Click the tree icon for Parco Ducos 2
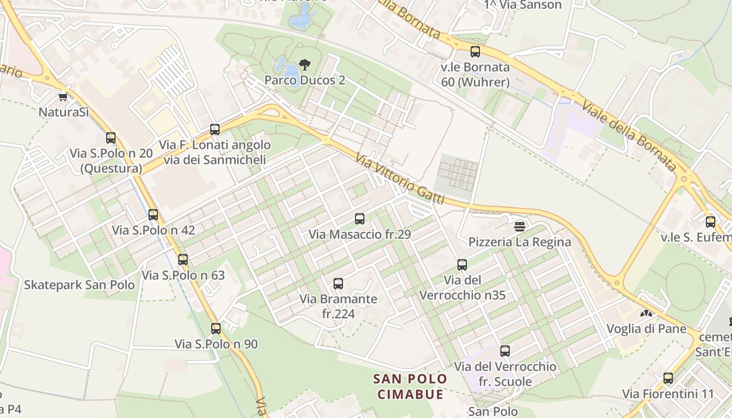pos(304,65)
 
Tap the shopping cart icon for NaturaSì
pos(63,97)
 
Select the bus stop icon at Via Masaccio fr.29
pos(360,219)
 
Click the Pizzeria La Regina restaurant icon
pos(520,226)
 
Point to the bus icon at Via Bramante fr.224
pos(338,284)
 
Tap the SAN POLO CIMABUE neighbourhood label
pos(410,386)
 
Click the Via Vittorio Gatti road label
pos(400,179)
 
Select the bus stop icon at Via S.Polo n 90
pos(216,329)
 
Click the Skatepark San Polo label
pos(79,285)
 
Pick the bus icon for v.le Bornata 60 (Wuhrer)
pos(475,52)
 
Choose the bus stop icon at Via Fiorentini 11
pos(668,378)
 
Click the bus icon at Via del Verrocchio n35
pos(462,265)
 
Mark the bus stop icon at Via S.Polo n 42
pos(153,215)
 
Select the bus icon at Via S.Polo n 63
pos(183,260)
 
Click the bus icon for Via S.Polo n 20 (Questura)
pos(111,138)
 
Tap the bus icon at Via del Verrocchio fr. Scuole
pos(505,351)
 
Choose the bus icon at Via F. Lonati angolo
pos(215,130)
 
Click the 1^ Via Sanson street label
pos(522,5)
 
